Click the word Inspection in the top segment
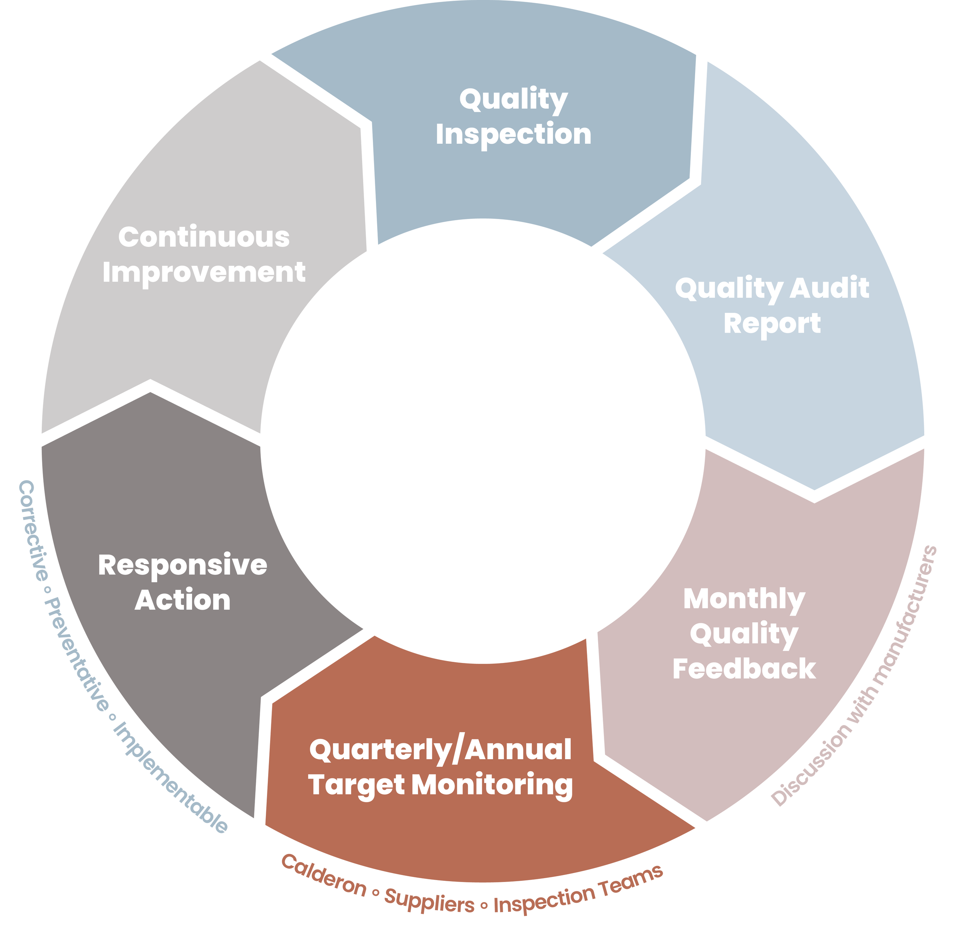pos(513,134)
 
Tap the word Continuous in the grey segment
pos(204,237)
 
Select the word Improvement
pos(204,272)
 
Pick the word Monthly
pos(744,599)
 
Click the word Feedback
pos(744,669)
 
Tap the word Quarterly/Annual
pos(440,749)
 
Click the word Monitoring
pos(492,785)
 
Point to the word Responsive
pos(182,565)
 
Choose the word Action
pos(182,600)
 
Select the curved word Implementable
pos(170,779)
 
